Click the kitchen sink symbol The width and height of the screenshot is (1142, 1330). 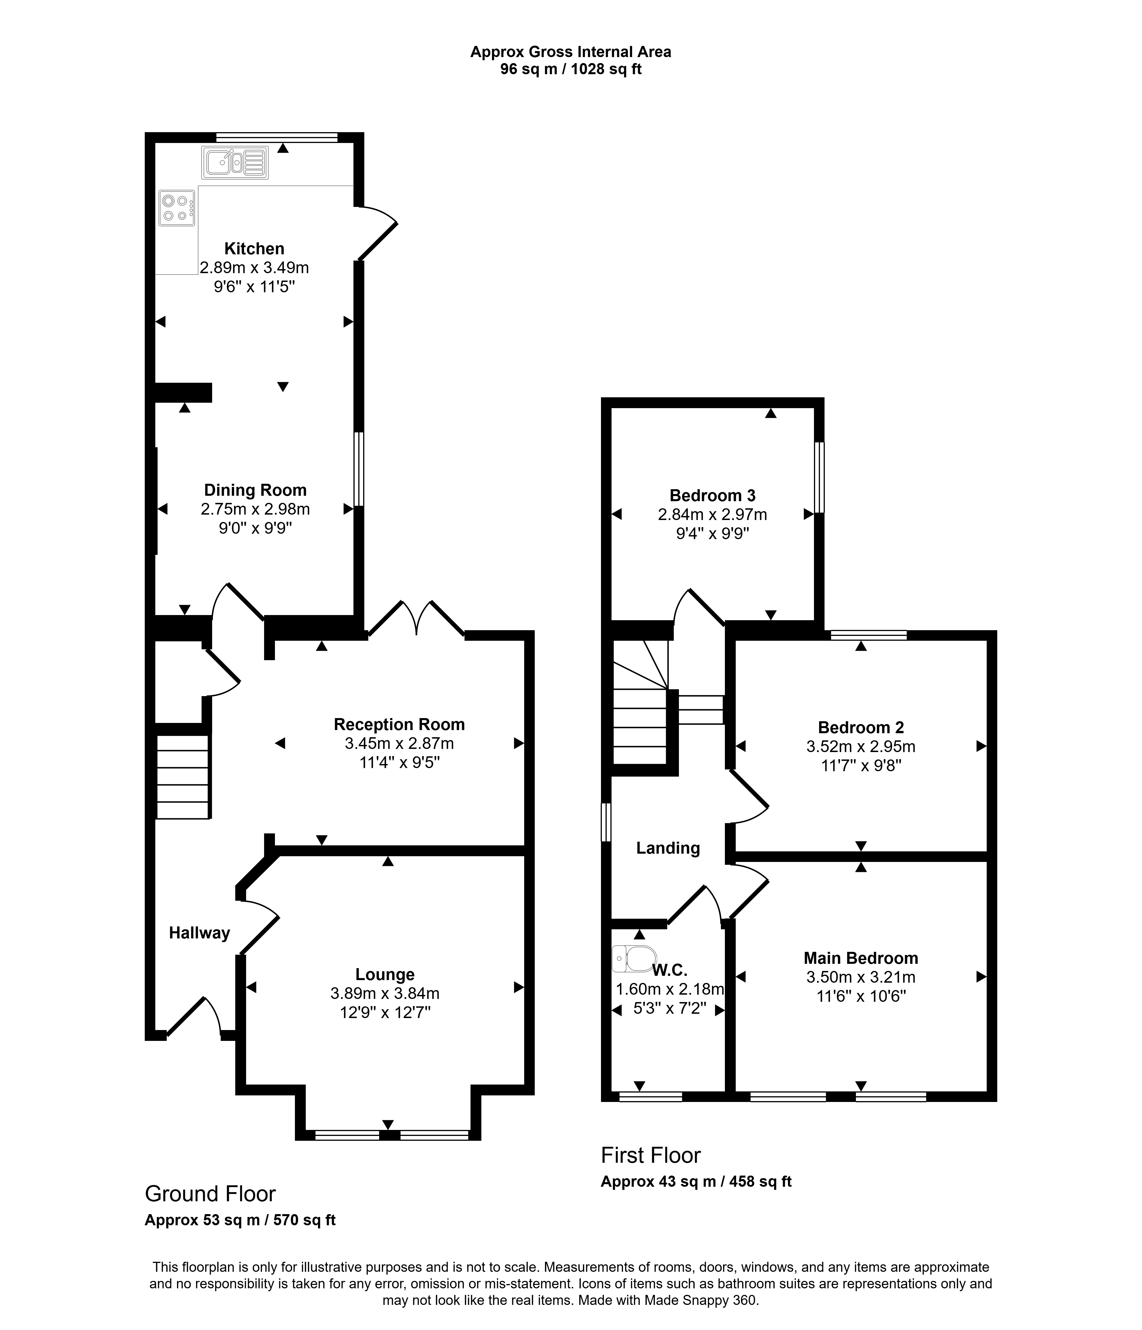click(235, 162)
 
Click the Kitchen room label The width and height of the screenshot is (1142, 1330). click(254, 248)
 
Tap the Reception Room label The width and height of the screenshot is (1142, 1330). click(399, 725)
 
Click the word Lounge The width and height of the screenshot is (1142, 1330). click(385, 974)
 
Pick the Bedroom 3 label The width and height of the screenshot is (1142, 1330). click(713, 495)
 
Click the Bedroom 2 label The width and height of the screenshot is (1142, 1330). click(861, 728)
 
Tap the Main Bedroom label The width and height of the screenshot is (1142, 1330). click(861, 958)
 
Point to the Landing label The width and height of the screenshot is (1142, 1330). click(667, 849)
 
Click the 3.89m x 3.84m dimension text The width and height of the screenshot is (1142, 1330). click(385, 994)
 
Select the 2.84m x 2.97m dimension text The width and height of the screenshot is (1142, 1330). click(713, 515)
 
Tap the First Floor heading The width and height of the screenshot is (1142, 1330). click(650, 1155)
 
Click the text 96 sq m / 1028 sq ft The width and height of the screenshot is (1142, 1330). click(571, 69)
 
